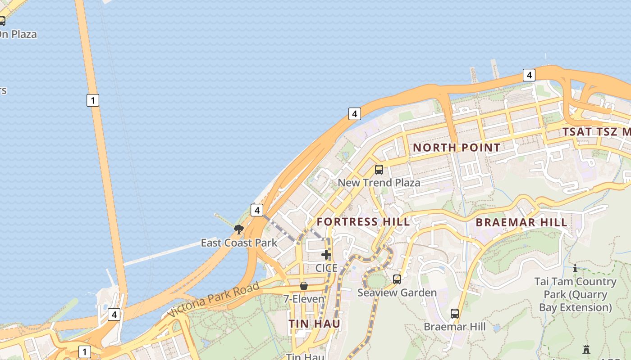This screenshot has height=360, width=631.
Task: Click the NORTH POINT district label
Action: (456, 148)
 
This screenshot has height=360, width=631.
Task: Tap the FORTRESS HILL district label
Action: (363, 221)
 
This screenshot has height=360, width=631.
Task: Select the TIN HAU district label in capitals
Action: (315, 324)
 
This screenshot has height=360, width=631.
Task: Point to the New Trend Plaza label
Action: (379, 183)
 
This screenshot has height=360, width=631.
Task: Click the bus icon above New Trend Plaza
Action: (379, 170)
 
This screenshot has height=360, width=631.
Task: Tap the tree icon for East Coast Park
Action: (239, 229)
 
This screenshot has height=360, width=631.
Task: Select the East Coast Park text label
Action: (239, 243)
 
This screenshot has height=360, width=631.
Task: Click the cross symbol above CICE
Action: (326, 255)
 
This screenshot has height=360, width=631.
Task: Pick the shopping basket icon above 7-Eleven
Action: (304, 286)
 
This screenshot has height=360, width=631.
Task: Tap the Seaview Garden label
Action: (397, 292)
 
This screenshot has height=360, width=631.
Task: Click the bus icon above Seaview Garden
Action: (397, 279)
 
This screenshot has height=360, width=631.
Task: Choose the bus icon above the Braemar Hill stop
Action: (455, 314)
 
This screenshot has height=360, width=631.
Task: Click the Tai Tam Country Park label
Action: (575, 294)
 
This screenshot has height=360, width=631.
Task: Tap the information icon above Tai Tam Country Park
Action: (575, 269)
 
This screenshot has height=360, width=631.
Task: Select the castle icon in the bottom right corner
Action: (586, 349)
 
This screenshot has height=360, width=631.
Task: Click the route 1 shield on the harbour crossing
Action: (92, 100)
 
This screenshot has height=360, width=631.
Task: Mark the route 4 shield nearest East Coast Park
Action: (256, 210)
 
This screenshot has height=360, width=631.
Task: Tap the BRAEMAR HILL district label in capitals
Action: (521, 222)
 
